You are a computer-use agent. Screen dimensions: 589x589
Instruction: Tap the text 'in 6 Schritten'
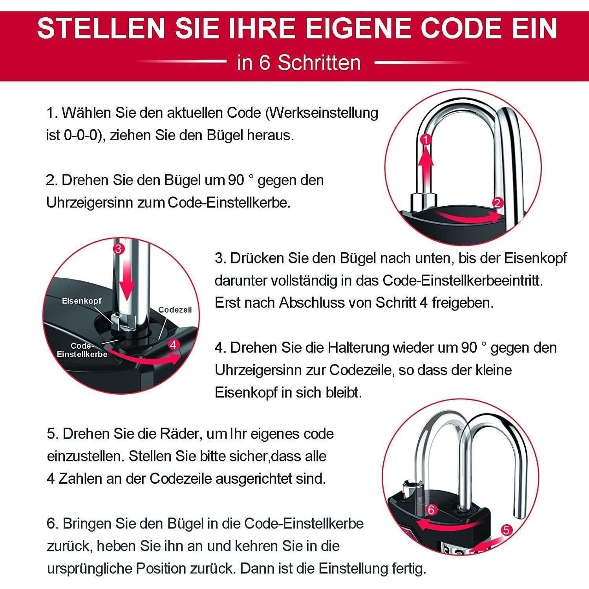point(299,63)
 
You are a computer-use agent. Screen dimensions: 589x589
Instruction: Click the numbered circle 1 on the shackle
point(426,139)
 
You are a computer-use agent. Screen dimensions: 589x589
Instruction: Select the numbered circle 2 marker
point(498,203)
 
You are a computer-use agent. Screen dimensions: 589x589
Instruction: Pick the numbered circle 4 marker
point(174,344)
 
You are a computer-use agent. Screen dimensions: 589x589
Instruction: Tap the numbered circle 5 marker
point(507,530)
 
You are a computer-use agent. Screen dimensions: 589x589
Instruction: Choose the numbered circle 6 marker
point(432,510)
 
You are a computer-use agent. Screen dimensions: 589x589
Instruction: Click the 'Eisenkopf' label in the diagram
point(82,301)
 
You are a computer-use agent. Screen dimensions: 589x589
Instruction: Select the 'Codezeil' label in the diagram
point(175,310)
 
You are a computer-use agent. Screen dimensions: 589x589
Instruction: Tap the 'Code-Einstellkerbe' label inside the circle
point(82,350)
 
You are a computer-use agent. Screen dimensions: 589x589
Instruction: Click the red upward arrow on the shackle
point(426,165)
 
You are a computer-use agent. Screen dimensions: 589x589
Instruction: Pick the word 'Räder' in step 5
point(181,434)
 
